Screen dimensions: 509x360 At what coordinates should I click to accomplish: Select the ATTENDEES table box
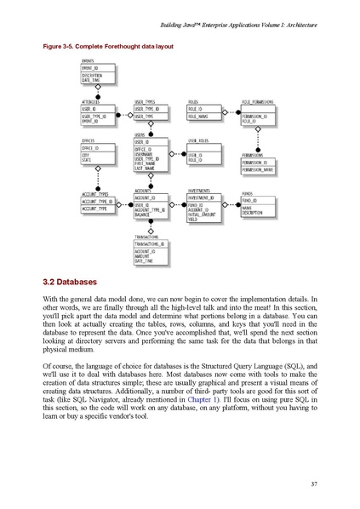point(97,115)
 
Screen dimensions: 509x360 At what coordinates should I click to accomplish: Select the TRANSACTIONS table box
point(151,252)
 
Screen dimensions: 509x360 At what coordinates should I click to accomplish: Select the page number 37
point(313,484)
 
